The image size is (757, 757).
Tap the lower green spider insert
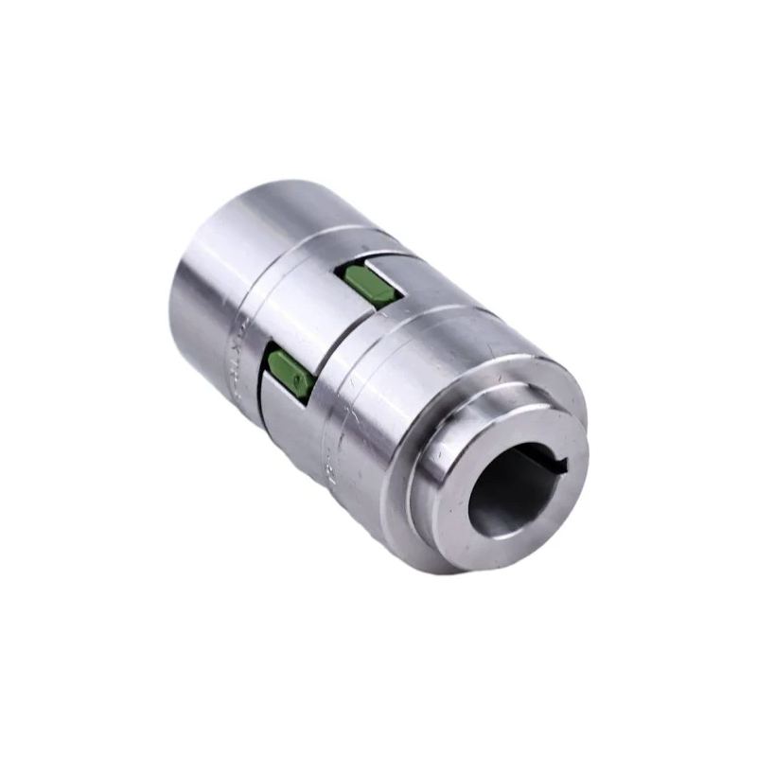click(x=290, y=372)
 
